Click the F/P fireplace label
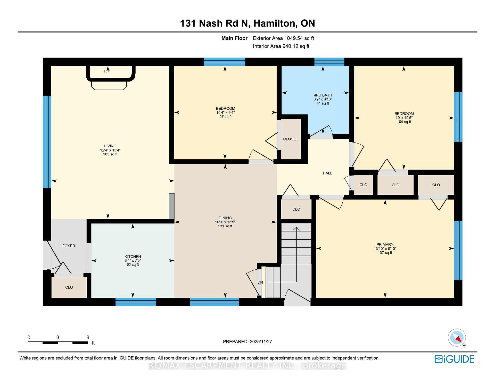pos(107,71)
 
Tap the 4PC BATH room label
pos(323,95)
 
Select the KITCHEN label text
pos(133,257)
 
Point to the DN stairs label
pos(260,282)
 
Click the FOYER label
pos(69,246)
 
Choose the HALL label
pos(327,173)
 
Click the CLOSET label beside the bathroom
pos(291,139)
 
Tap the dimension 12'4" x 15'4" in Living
pos(110,150)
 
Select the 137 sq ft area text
pos(385,253)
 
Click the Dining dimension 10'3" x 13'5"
pos(225,222)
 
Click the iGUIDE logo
pos(454,359)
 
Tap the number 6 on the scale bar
pos(88,337)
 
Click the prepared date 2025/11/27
pos(261,341)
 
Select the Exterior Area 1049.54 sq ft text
pos(283,38)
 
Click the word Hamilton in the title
pos(275,23)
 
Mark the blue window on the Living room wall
pos(47,142)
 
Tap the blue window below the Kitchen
pos(136,302)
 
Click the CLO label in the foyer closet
pos(69,287)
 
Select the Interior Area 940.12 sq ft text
pos(281,46)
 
